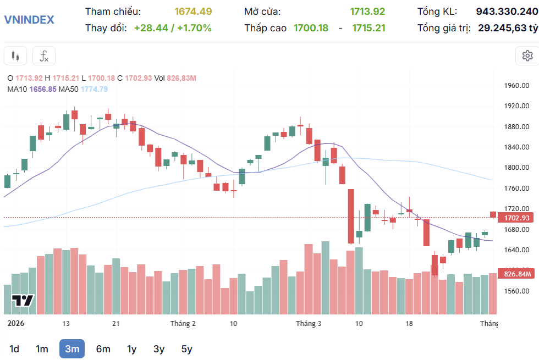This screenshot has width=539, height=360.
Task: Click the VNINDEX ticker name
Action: (x=29, y=20)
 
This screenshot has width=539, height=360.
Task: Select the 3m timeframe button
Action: (x=72, y=348)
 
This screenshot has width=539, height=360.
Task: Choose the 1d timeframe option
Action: (x=14, y=348)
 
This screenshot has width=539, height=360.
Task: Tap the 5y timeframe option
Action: (x=187, y=348)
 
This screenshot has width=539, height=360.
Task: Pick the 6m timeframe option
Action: (x=103, y=348)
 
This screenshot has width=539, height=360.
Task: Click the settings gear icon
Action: (x=527, y=56)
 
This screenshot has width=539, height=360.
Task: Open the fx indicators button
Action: (x=44, y=56)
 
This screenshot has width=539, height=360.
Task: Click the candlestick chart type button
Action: (x=15, y=56)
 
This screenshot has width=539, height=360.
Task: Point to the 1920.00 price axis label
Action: (x=517, y=106)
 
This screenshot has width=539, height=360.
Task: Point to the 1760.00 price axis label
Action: (x=517, y=189)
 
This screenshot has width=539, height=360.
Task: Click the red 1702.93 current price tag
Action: (x=516, y=218)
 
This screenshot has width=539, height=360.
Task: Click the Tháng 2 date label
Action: (x=183, y=323)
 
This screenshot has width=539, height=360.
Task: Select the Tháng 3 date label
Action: (x=309, y=323)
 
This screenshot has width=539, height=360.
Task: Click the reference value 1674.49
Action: (x=193, y=12)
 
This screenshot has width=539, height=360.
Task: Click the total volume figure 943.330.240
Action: (x=507, y=12)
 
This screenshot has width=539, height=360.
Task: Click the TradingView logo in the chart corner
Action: (x=23, y=301)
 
